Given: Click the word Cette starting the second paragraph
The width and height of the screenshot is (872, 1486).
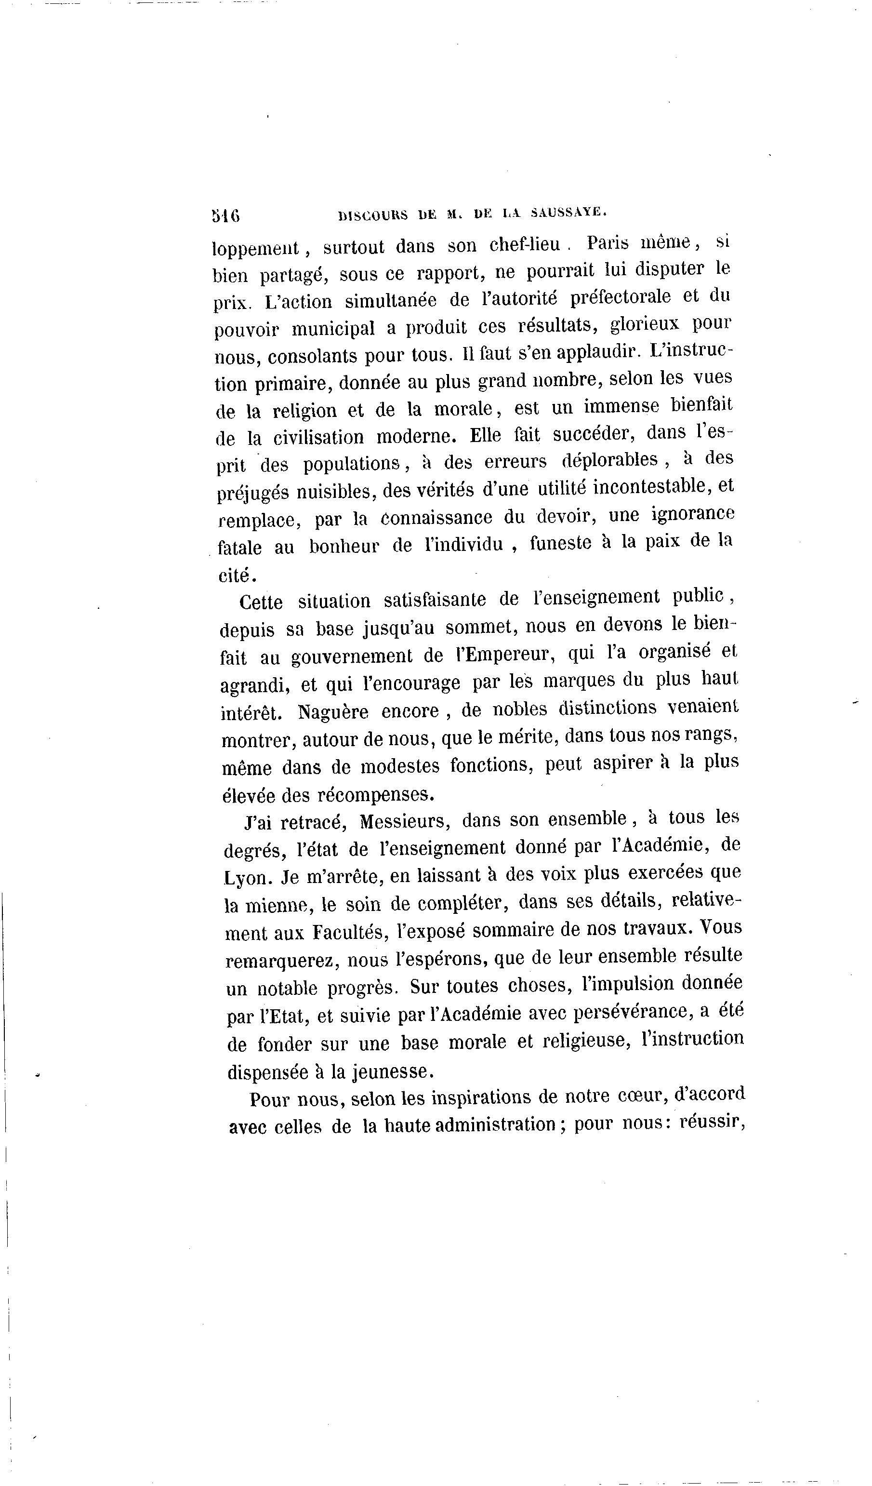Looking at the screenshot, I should [x=261, y=602].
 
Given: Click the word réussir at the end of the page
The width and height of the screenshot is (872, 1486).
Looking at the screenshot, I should [x=712, y=1122].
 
